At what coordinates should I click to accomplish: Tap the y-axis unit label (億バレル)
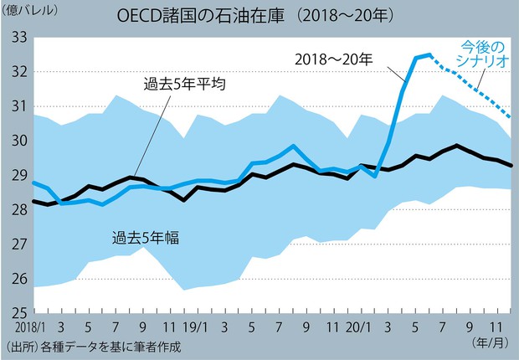point(32,10)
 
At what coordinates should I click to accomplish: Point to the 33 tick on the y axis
point(18,37)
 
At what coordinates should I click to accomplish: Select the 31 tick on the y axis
point(18,106)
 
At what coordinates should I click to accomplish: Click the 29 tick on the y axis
point(18,175)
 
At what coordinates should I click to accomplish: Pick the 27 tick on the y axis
point(18,244)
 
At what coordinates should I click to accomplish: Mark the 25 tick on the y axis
point(18,313)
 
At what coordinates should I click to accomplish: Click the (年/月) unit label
point(491,342)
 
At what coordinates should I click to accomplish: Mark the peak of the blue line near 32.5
point(429,55)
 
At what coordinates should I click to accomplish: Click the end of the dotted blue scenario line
point(511,117)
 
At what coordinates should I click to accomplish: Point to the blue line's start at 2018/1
point(33,183)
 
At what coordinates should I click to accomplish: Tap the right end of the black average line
point(511,166)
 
